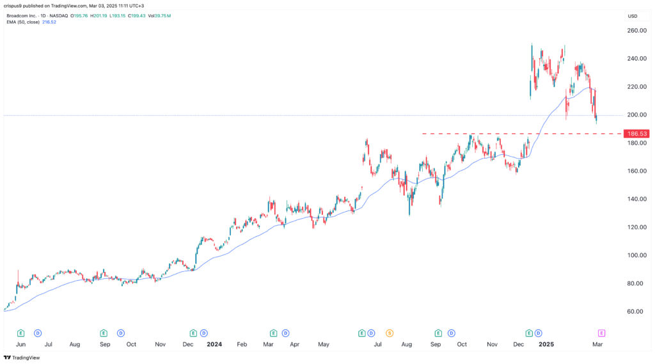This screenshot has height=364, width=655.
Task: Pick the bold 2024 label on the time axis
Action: [x=214, y=344]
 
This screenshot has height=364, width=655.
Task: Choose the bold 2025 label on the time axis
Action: [x=546, y=344]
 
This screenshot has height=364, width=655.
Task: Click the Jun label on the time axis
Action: [x=20, y=344]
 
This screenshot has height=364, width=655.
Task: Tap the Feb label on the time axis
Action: [x=242, y=344]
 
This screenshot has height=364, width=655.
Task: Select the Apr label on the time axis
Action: [x=295, y=344]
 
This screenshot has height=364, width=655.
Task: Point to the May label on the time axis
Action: [x=323, y=344]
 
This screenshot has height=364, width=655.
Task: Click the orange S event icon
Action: [x=389, y=333]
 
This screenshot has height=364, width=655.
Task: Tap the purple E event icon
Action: [x=601, y=333]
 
